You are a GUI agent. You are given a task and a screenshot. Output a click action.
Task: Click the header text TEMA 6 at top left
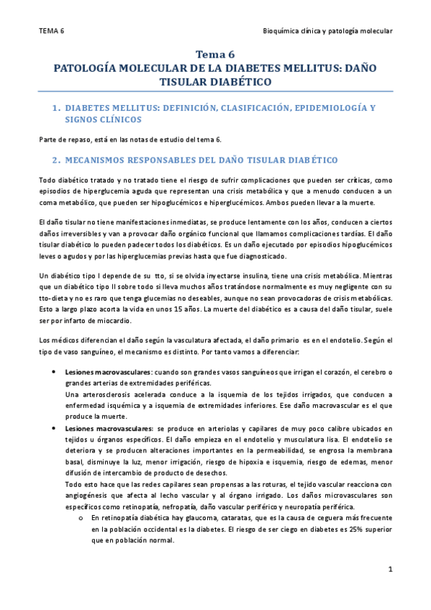point(51,32)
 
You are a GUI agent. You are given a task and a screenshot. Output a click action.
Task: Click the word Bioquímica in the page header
point(284,32)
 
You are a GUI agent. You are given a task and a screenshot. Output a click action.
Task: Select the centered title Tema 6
point(215,55)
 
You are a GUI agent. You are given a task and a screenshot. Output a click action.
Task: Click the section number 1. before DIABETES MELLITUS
point(57,108)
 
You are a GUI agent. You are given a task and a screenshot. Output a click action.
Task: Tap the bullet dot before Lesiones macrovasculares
point(56,372)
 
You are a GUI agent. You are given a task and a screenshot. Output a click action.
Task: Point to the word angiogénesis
point(85,496)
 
